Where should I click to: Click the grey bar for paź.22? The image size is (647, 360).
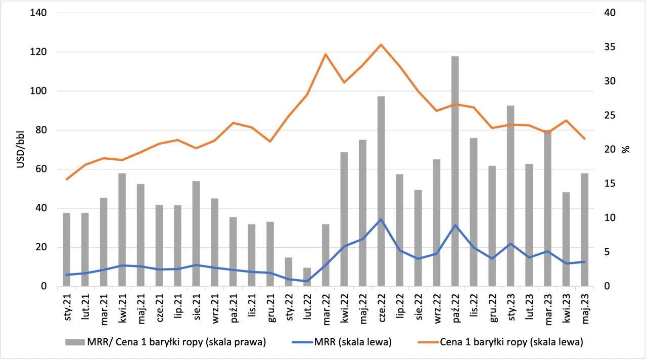coord(455,172)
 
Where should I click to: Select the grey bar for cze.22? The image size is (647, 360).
coord(381,192)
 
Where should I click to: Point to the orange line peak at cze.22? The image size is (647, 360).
coord(381,44)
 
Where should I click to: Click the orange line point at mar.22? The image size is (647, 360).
coord(326,54)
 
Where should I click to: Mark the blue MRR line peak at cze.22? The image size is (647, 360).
coord(381,219)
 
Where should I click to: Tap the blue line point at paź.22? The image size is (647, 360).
coord(455,225)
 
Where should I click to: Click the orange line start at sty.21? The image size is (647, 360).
coord(66,179)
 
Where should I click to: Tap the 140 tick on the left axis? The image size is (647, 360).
coord(39,13)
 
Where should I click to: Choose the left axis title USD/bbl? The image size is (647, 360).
coord(21,150)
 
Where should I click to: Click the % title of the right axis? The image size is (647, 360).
coord(626,150)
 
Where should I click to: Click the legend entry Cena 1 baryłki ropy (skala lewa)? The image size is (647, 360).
coord(511,342)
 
